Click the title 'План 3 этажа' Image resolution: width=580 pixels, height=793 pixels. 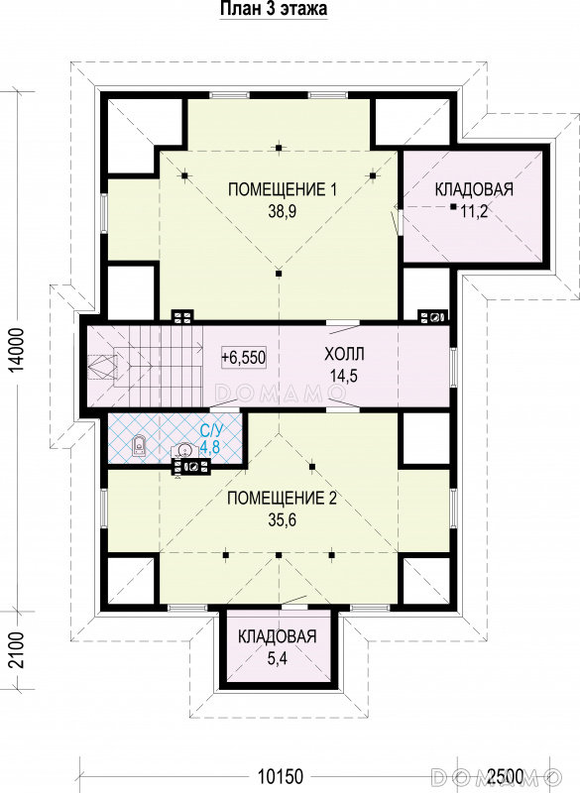[274, 9]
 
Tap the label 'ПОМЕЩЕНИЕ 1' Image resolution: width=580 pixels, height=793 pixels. [283, 189]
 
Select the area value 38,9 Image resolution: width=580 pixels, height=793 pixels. [283, 211]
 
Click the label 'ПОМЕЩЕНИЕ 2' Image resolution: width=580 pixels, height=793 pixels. [282, 499]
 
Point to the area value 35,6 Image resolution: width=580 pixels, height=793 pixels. [283, 519]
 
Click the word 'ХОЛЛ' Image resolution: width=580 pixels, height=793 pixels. [344, 354]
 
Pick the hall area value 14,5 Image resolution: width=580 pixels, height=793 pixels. [344, 376]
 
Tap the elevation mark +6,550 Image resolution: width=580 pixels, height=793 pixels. [243, 358]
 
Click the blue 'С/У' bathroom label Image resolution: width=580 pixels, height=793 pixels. [211, 431]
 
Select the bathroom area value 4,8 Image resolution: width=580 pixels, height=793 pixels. [211, 447]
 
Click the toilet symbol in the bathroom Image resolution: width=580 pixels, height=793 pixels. [140, 445]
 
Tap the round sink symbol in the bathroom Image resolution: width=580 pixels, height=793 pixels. [184, 451]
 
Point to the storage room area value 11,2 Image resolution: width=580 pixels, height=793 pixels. [474, 211]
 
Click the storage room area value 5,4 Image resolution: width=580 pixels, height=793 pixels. [277, 658]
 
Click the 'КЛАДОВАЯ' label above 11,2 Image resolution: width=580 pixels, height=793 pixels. [474, 189]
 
